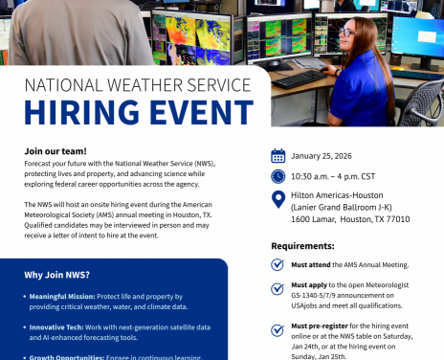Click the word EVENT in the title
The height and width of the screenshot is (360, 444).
click(x=192, y=113)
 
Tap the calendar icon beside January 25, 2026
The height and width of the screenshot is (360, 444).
click(x=277, y=155)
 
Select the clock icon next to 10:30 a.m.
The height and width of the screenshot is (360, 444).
click(x=277, y=176)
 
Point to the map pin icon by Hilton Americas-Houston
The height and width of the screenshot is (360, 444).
click(x=277, y=198)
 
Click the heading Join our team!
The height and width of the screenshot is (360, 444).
click(x=55, y=151)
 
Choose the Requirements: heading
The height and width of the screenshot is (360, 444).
click(x=301, y=246)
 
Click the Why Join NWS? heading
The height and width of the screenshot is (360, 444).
click(x=57, y=275)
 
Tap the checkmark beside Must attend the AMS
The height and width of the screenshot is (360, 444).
click(x=277, y=263)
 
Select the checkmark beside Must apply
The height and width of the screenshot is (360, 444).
click(x=277, y=288)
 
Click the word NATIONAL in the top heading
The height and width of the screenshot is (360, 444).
click(x=66, y=84)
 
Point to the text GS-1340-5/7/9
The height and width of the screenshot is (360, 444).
click(x=322, y=297)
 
